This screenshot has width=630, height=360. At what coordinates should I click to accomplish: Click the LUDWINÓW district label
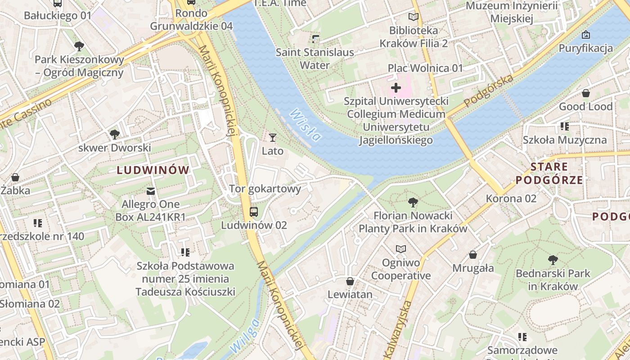tap(153, 170)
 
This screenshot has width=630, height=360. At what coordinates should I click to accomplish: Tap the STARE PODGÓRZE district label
tap(549, 174)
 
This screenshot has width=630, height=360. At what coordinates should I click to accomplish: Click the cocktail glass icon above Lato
tap(272, 137)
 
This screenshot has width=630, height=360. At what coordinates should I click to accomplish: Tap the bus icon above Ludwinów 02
tap(254, 211)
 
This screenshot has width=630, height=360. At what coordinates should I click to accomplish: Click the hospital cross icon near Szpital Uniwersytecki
tap(396, 87)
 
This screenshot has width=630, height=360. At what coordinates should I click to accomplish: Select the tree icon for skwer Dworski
tap(115, 134)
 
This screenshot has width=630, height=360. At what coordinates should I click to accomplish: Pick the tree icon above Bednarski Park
tap(553, 260)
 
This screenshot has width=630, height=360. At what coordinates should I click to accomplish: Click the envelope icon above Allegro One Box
tap(151, 191)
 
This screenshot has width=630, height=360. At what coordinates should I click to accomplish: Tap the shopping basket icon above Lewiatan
tap(350, 281)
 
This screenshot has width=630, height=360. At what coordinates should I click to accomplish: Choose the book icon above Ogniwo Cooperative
tap(400, 248)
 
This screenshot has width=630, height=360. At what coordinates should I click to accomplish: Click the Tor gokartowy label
tap(265, 189)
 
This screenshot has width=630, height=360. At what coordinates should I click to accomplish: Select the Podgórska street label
tap(488, 91)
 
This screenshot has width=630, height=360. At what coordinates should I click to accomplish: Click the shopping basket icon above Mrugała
tap(473, 255)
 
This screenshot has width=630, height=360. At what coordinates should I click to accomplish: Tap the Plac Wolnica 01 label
tap(425, 68)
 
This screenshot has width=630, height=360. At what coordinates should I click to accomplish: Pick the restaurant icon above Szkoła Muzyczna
tap(564, 126)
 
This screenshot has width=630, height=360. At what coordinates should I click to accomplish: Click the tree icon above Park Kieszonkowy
tap(79, 46)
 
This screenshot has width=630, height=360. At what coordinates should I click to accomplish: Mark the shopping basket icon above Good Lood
tap(586, 93)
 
